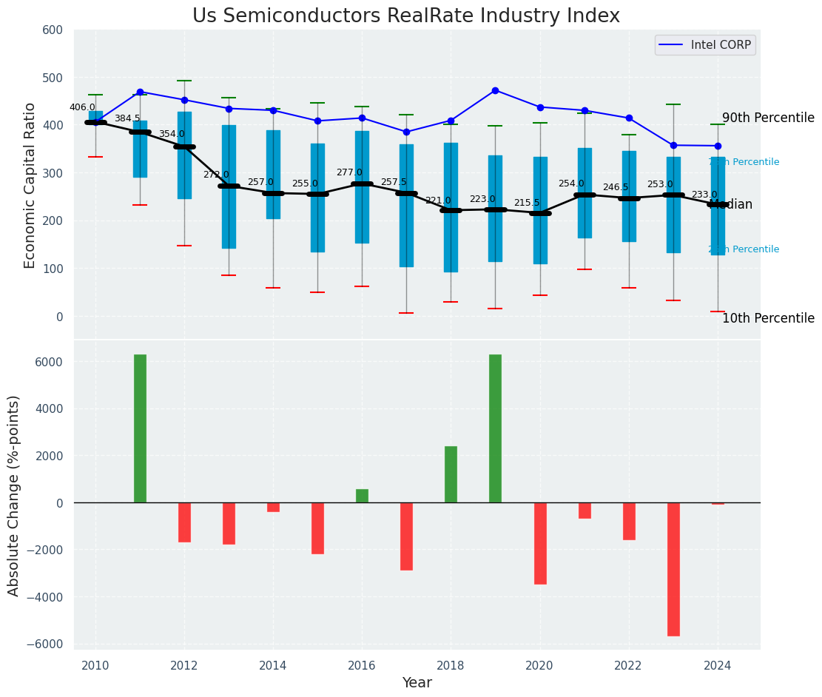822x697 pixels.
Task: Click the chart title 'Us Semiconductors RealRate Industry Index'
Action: [x=406, y=16]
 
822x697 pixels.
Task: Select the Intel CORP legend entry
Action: [x=704, y=45]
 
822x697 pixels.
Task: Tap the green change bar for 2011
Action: [x=140, y=428]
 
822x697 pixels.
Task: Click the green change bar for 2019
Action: [x=495, y=428]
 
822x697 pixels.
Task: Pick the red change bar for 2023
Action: [x=673, y=569]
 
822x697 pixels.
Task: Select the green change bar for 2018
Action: [x=451, y=474]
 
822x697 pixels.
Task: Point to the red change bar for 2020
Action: [x=540, y=543]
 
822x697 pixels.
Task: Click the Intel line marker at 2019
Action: [x=495, y=90]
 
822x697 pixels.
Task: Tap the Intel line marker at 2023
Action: [x=673, y=145]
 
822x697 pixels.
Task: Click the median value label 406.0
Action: [x=82, y=107]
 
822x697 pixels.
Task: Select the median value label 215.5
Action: [x=527, y=203]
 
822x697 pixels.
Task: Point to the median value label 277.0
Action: [x=349, y=172]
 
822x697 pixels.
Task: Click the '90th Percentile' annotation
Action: [x=768, y=118]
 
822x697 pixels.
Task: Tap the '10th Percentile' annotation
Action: [x=768, y=319]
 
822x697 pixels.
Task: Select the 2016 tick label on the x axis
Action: [x=362, y=666]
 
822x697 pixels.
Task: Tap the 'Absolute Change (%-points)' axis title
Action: [x=14, y=495]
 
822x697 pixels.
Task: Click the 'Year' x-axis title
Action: [x=417, y=683]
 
